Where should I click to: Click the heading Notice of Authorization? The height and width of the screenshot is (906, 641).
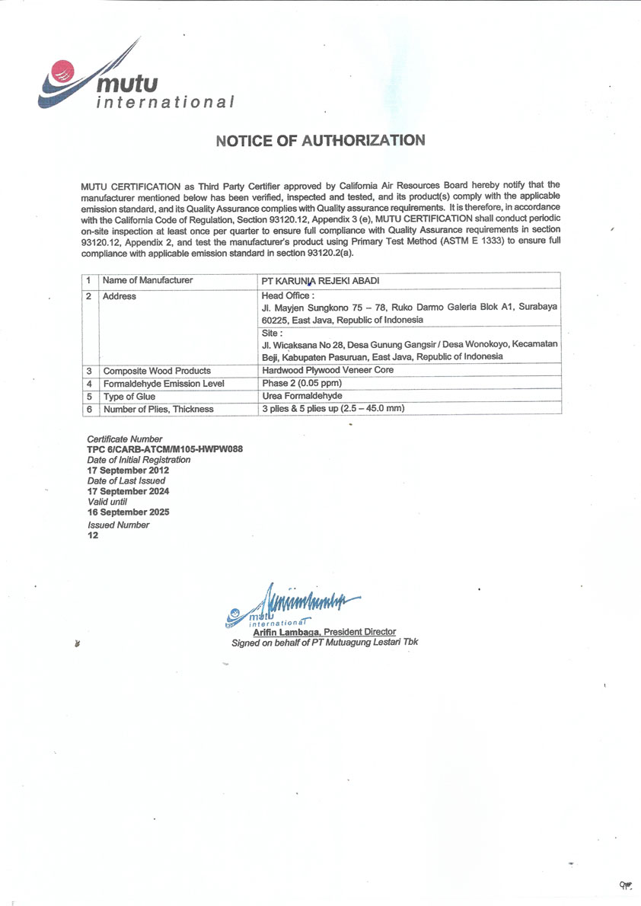[320, 141]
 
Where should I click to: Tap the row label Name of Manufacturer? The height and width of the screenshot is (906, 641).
[148, 280]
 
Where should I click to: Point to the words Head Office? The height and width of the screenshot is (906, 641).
[288, 295]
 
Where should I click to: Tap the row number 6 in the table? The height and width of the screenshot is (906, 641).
[89, 409]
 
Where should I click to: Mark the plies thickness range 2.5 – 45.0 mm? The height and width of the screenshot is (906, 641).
[372, 409]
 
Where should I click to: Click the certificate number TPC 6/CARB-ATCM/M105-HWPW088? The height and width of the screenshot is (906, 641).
[164, 449]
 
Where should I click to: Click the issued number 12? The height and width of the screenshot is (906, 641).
[93, 534]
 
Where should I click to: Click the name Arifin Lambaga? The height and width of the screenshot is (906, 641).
[286, 632]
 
